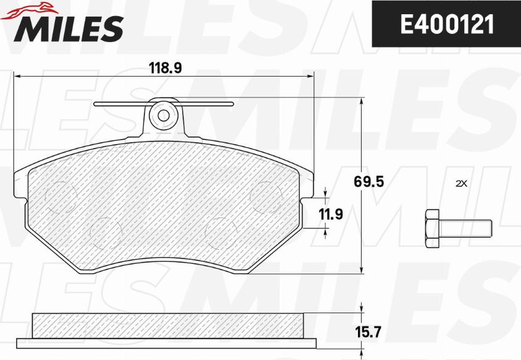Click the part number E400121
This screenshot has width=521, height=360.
click(448, 24)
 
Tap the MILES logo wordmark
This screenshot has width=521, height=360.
click(69, 29)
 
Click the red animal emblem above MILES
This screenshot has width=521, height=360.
click(29, 9)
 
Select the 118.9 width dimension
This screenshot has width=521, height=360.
click(165, 68)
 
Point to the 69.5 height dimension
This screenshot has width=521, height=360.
click(369, 182)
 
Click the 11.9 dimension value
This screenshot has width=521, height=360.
click(331, 214)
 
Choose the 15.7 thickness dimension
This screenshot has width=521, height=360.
click(367, 332)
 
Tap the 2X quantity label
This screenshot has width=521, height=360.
click(462, 183)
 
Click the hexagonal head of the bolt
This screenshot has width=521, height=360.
click(432, 228)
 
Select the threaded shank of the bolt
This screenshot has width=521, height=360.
click(465, 228)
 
